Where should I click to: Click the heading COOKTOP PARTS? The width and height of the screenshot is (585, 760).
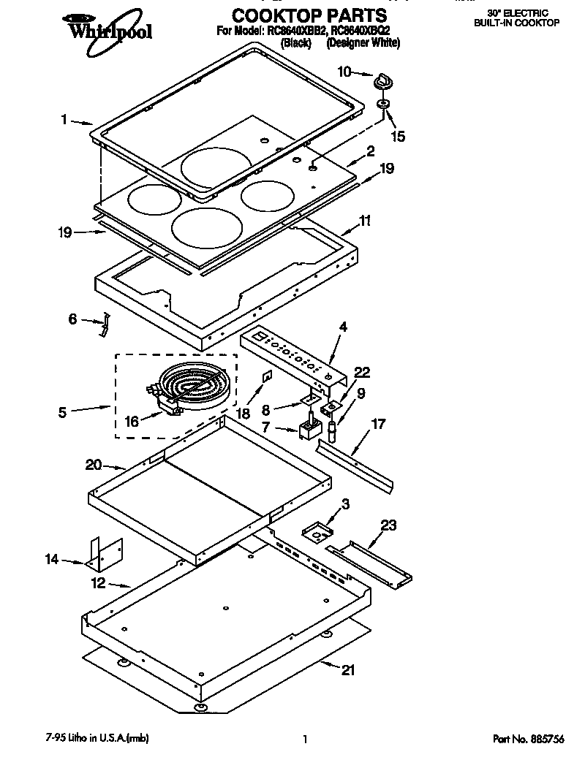point(309,14)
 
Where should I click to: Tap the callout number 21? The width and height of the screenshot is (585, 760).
point(349,669)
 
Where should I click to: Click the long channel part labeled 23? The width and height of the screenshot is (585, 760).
point(369,563)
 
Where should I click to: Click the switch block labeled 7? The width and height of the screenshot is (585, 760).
point(309,430)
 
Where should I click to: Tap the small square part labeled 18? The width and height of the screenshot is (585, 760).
point(268,376)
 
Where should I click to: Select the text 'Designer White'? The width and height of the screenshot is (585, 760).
point(363,43)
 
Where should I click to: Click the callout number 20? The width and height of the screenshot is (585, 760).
point(93,465)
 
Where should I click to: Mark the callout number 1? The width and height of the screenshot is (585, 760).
point(64,119)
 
